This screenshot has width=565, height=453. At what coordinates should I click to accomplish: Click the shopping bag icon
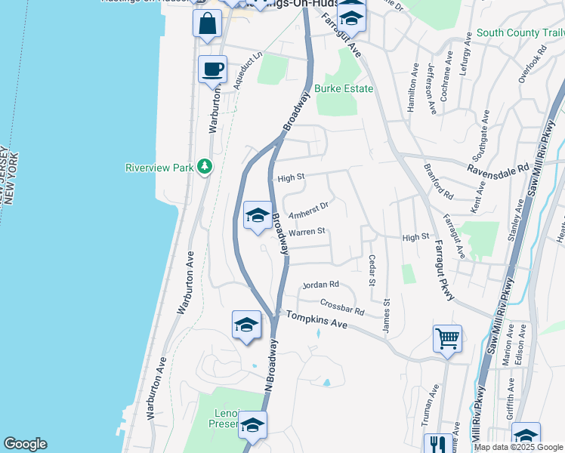(x=207, y=23)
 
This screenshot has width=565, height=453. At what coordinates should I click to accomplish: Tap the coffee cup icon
(x=212, y=69)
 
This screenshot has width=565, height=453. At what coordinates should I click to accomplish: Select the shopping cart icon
(x=448, y=337)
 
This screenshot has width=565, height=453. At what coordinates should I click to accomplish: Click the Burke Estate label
(x=344, y=89)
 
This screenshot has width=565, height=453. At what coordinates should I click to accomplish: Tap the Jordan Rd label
(x=320, y=285)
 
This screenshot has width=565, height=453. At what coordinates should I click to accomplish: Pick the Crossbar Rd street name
(x=342, y=307)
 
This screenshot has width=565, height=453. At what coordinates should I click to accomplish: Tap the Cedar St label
(x=372, y=270)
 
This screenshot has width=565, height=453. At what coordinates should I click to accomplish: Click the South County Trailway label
(x=520, y=33)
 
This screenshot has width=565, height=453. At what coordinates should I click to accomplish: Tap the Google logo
(x=25, y=444)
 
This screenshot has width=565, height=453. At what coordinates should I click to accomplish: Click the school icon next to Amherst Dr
(x=258, y=215)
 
